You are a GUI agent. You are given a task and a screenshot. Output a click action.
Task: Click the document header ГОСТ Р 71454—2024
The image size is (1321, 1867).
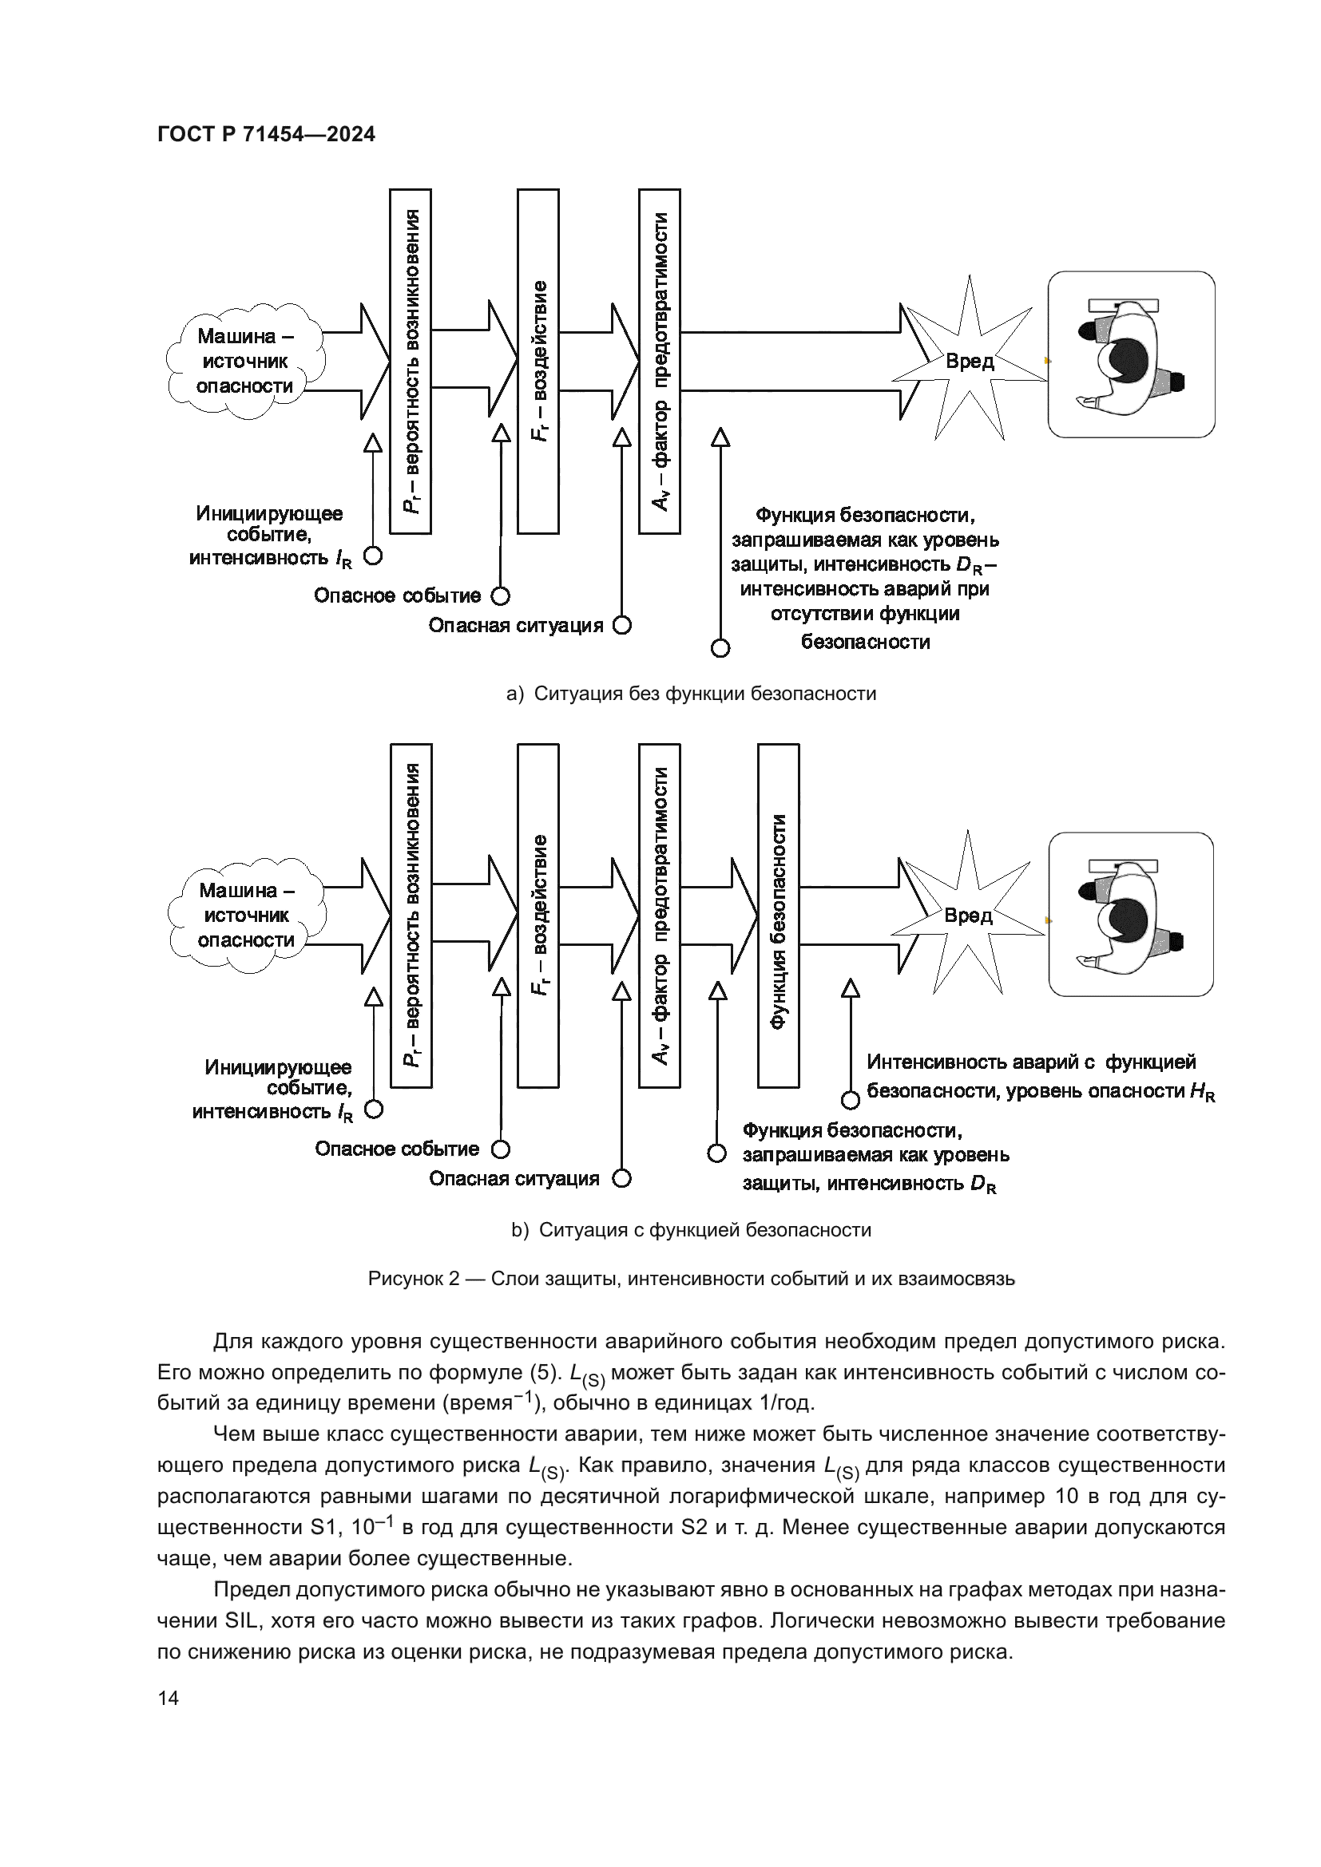[x=266, y=134]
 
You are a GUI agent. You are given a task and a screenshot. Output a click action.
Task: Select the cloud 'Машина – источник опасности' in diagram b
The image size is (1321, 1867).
[x=247, y=916]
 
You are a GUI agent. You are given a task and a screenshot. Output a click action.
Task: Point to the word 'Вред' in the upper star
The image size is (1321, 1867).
[x=970, y=361]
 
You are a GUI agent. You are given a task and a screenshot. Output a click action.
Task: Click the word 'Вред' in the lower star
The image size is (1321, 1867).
[x=968, y=916]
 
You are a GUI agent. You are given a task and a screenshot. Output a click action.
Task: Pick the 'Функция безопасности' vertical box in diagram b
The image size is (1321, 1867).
[x=779, y=916]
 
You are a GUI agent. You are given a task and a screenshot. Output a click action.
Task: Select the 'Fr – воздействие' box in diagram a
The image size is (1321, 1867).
[x=538, y=361]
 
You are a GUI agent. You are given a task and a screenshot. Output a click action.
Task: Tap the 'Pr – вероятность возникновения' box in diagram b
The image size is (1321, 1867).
[x=411, y=916]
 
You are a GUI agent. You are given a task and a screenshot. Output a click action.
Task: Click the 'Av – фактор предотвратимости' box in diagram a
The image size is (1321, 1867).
[x=660, y=361]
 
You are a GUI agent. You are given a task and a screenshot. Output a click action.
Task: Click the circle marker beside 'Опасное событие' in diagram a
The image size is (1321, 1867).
[x=500, y=596]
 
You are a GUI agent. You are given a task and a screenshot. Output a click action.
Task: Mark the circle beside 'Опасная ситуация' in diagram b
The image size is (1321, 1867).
[x=621, y=1179]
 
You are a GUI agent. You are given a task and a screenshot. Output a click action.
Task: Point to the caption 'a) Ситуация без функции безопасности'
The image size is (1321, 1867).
[x=692, y=694]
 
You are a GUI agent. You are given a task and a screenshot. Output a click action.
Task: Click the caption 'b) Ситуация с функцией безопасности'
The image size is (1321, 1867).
[x=692, y=1230]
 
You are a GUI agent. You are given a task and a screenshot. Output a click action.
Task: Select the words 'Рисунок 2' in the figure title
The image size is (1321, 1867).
[x=414, y=1279]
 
